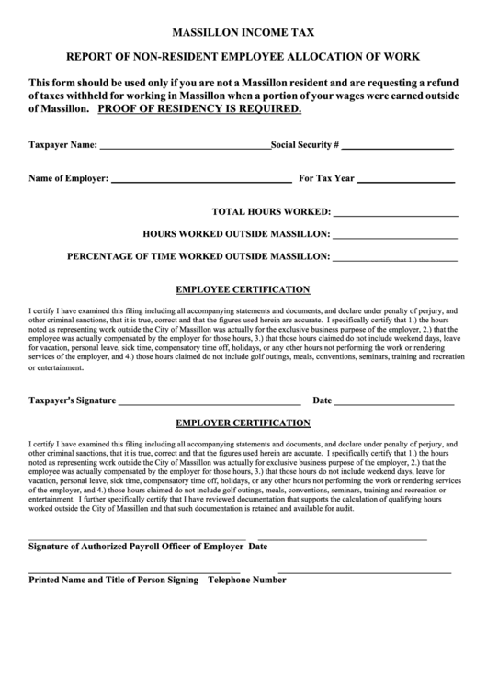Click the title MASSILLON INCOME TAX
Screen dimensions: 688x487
coord(243,32)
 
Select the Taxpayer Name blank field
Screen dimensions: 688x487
coord(184,147)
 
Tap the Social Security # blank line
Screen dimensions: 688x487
coord(397,147)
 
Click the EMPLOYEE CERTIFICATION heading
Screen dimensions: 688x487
coord(243,288)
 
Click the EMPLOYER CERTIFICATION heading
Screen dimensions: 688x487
coord(243,423)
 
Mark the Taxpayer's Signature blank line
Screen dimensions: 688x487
coord(210,402)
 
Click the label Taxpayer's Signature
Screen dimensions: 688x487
coord(73,401)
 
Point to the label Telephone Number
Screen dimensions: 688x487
coord(247,581)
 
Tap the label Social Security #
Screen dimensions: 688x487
coord(306,145)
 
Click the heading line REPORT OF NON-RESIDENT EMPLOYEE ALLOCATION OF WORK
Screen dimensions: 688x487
coord(243,57)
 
